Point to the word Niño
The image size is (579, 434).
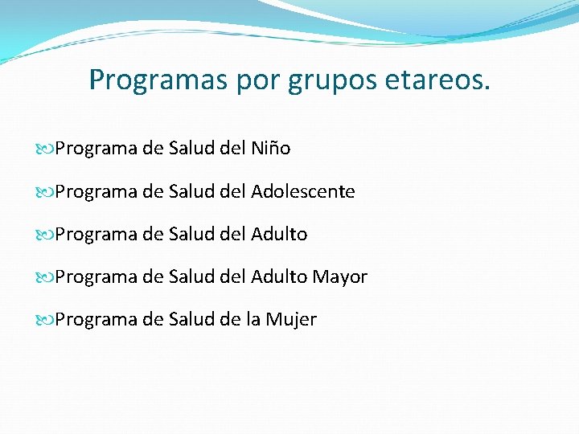[x=270, y=149]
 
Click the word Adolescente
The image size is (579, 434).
[x=302, y=191]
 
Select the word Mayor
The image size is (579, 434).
[x=340, y=277]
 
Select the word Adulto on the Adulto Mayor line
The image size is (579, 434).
[x=279, y=277]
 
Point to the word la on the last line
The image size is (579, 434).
[x=252, y=320]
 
